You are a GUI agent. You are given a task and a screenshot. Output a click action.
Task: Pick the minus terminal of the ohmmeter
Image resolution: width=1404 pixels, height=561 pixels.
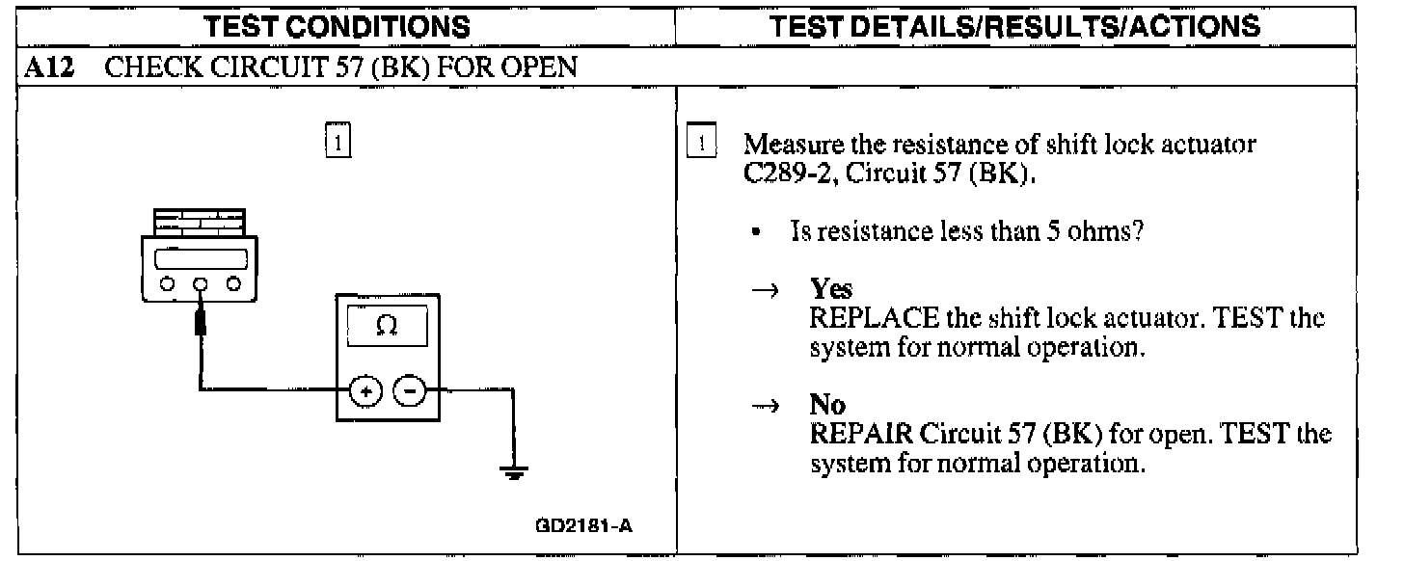pyautogui.click(x=409, y=392)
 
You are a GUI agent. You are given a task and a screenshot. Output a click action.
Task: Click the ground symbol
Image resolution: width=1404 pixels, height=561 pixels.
pyautogui.click(x=514, y=473)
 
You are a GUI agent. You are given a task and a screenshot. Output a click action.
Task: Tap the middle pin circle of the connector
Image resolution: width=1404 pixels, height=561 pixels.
pyautogui.click(x=202, y=284)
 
